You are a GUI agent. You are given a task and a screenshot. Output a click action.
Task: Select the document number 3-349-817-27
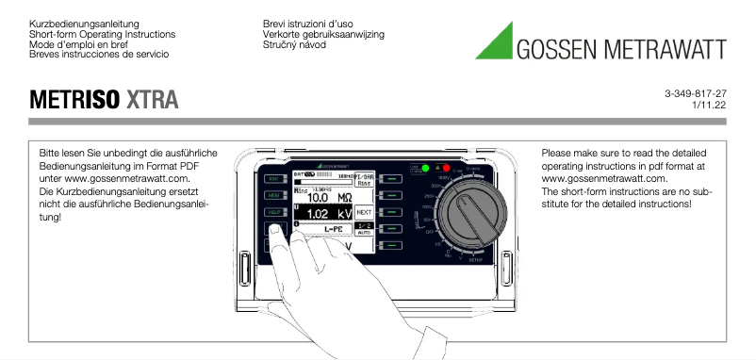[x=695, y=94]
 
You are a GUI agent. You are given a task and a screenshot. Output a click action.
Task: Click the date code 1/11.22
[x=708, y=106]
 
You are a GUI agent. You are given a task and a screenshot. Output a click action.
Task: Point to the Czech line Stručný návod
[x=295, y=45]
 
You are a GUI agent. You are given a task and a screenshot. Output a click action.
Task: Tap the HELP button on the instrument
[x=273, y=212]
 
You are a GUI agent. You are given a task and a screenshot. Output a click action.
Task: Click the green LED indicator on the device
[x=426, y=168]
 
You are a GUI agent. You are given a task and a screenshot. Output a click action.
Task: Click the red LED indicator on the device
[x=436, y=168]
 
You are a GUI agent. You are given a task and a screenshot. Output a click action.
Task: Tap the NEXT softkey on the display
[x=364, y=212]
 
